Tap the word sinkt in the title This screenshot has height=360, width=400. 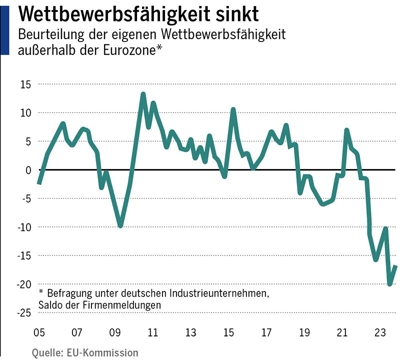(234, 14)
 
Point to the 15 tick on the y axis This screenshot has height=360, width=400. (25, 84)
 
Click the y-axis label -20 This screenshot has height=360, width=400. (23, 284)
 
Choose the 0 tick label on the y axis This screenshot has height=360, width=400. (28, 170)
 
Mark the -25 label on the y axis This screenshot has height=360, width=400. (23, 312)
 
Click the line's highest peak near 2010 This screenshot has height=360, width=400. (143, 94)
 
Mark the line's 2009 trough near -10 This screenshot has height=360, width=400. (120, 226)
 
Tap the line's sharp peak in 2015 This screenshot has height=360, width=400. (233, 109)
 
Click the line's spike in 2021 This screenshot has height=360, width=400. (346, 130)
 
